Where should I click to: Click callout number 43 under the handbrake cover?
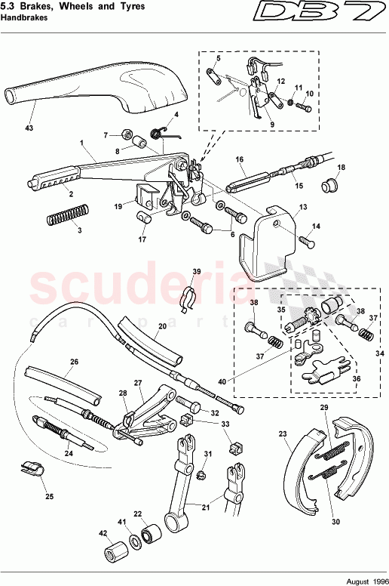coord(29,128)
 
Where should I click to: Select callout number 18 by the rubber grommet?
coord(342,167)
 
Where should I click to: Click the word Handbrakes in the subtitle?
coord(23,18)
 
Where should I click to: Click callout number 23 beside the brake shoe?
coord(283,434)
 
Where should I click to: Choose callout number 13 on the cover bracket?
coord(303,206)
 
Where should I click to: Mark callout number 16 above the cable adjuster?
coord(239,159)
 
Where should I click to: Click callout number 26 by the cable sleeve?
coord(74,362)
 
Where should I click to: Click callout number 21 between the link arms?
coord(197,507)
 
